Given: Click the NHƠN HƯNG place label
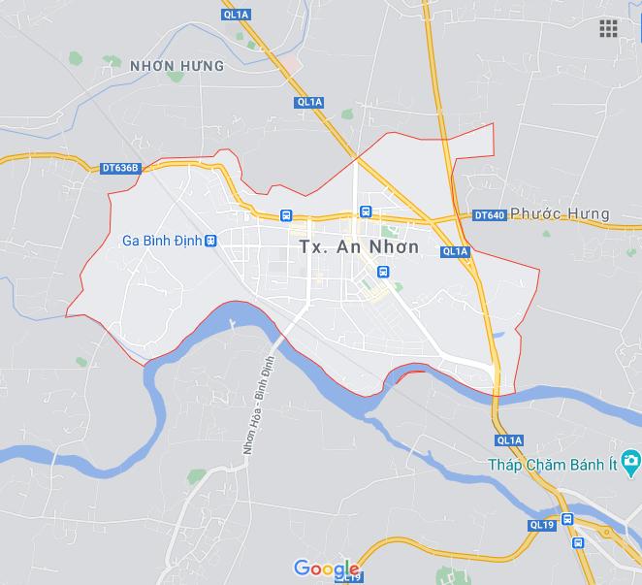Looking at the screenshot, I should pyautogui.click(x=176, y=66).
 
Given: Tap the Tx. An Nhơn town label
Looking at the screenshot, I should pyautogui.click(x=358, y=246).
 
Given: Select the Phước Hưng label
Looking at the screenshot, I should pyautogui.click(x=560, y=213).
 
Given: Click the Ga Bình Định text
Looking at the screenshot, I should pyautogui.click(x=161, y=241).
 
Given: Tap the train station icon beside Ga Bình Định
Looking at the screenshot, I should pyautogui.click(x=211, y=241).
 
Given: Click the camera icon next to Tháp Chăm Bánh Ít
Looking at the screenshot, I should pyautogui.click(x=631, y=459).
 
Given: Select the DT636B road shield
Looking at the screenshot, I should pyautogui.click(x=121, y=168).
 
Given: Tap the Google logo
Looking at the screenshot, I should pyautogui.click(x=326, y=568).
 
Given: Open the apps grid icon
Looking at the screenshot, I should pyautogui.click(x=608, y=28).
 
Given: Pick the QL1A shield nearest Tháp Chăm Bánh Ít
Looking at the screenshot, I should pyautogui.click(x=508, y=439).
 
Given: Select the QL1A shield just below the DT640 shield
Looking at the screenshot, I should pyautogui.click(x=454, y=251).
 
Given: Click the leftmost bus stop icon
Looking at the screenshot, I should pyautogui.click(x=286, y=214).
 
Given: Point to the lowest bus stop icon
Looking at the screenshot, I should pyautogui.click(x=578, y=543).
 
